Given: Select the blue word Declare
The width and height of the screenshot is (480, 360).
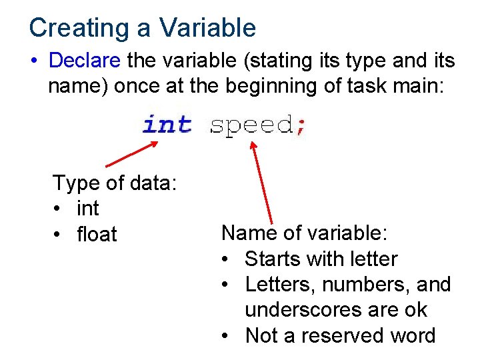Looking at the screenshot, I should click(85, 61).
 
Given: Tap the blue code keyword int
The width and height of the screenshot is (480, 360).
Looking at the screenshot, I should click(167, 124).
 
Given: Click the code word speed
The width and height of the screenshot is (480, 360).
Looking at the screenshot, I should click(252, 125).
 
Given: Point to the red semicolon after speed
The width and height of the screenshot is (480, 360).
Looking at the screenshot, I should click(301, 126).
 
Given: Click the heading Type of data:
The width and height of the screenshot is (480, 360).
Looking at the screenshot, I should click(114, 183).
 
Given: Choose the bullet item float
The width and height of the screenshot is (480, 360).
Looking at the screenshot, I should click(97, 235).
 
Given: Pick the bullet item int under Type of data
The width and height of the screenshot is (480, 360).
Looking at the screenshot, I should click(88, 209).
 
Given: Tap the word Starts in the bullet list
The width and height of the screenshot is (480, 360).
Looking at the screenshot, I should click(273, 259).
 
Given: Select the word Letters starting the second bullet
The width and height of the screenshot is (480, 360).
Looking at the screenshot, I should click(281, 285).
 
